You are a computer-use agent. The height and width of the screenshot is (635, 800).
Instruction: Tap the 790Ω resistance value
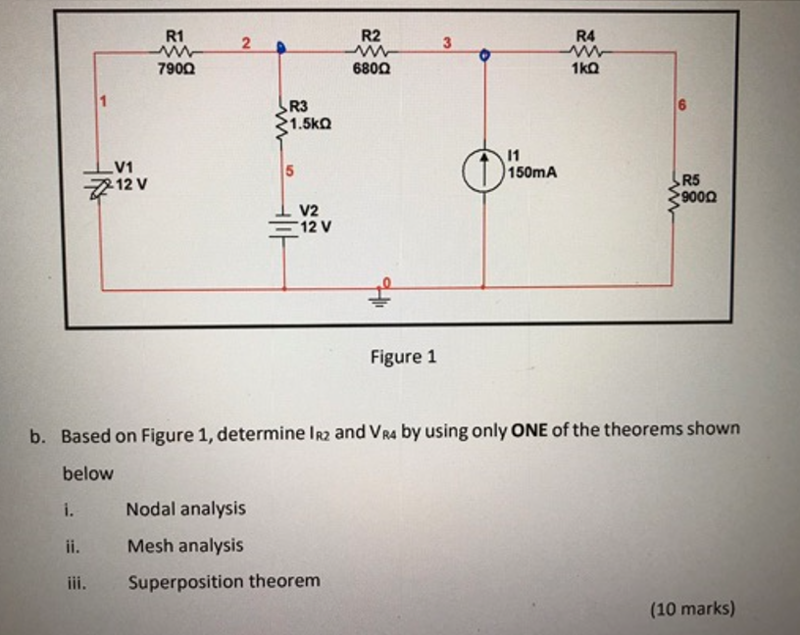pos(177,70)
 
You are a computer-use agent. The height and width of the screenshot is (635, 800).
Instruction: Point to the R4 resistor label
pos(586,36)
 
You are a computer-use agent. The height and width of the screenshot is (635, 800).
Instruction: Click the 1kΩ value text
pos(585,70)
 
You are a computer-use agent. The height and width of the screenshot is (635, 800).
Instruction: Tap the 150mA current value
pos(533,172)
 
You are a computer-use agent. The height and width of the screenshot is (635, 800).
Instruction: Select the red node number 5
pos(288,171)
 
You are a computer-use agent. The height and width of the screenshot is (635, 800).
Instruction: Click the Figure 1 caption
pos(403,357)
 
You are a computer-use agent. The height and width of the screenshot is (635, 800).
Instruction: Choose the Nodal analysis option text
pos(185,509)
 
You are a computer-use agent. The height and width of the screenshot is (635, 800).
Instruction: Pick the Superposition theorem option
pos(223,581)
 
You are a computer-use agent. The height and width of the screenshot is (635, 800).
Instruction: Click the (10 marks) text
pos(692,609)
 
